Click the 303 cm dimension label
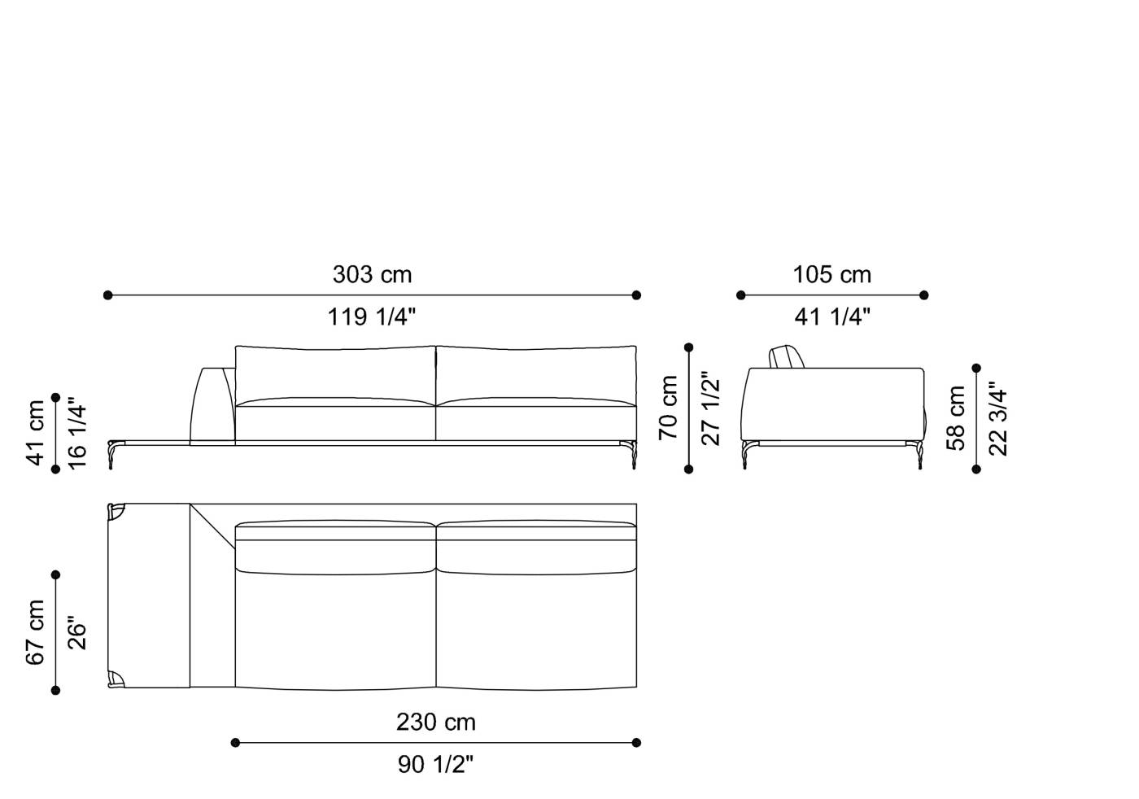(372, 275)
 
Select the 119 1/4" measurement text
(372, 317)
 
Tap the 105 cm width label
(832, 275)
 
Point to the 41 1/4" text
(832, 317)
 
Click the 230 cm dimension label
(436, 723)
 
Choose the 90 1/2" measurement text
(436, 765)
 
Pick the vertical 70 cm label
(669, 407)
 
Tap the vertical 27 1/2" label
(710, 408)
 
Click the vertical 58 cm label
(956, 418)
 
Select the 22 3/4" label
(998, 418)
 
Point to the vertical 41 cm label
(36, 432)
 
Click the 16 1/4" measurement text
(77, 432)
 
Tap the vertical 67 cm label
(36, 632)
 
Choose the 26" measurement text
(77, 632)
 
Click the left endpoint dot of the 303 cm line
(107, 295)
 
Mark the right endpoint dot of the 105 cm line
(924, 295)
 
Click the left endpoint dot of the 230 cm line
(235, 742)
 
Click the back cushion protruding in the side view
(786, 357)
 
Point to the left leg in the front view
(113, 454)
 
